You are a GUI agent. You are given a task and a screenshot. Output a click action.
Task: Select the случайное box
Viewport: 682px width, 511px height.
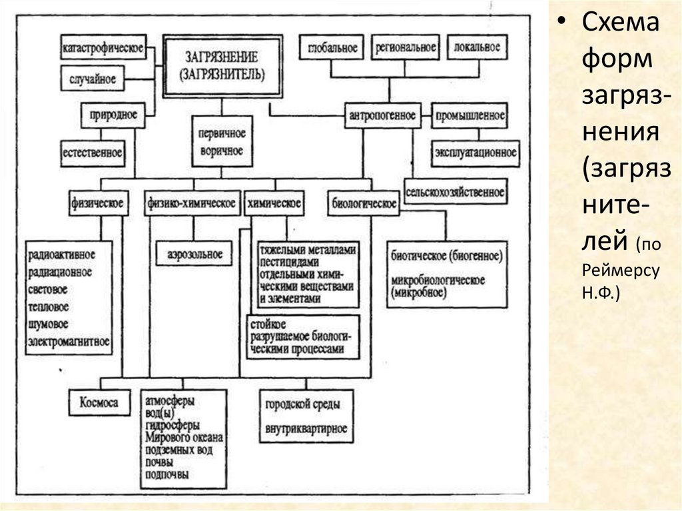click(x=93, y=79)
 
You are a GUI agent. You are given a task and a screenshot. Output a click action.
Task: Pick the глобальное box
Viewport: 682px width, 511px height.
click(x=333, y=49)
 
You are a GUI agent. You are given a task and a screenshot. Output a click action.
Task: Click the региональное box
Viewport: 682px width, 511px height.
click(x=405, y=48)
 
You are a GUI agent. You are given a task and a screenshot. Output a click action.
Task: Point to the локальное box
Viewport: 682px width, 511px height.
click(x=476, y=48)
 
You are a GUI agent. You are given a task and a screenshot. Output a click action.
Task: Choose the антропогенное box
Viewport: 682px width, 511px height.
click(x=382, y=115)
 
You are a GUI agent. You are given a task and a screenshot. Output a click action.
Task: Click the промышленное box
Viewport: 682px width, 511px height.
click(x=469, y=115)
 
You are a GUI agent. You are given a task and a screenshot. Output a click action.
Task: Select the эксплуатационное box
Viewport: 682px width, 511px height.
click(x=475, y=153)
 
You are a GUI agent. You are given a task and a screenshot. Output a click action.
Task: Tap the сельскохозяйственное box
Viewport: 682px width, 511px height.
click(x=455, y=193)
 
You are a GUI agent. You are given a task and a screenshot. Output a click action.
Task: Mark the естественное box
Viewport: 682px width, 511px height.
click(x=93, y=153)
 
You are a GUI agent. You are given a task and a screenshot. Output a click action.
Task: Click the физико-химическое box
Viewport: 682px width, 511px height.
click(x=191, y=203)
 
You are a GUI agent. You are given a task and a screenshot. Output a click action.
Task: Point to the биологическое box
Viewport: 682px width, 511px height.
click(x=364, y=203)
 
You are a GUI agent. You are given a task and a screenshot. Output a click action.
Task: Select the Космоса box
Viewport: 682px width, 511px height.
click(x=99, y=403)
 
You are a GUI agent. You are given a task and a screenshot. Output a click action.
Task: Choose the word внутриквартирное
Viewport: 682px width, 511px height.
click(x=306, y=428)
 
